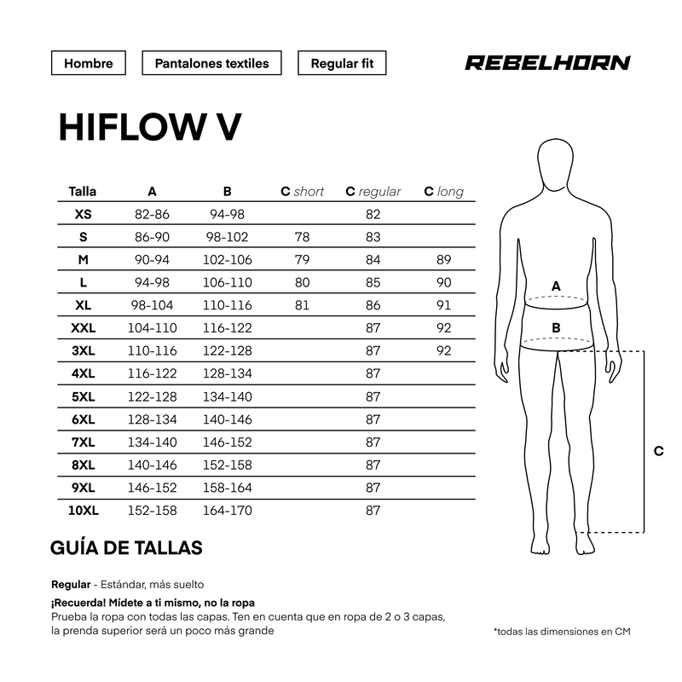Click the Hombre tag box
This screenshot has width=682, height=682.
(89, 63)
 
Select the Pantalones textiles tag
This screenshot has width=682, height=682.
(211, 63)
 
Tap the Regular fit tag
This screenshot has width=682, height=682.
(342, 63)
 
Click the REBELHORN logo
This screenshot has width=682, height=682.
(547, 62)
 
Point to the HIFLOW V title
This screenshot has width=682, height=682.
(150, 127)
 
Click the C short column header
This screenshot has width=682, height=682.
(303, 191)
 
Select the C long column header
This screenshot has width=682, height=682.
(443, 191)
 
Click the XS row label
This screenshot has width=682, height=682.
(83, 214)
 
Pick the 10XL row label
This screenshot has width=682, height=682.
(83, 510)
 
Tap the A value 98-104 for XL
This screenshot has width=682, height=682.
(152, 305)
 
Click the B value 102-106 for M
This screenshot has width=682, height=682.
(227, 260)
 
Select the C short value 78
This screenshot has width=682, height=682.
(302, 237)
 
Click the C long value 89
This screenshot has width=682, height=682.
(443, 260)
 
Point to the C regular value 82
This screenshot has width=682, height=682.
(373, 214)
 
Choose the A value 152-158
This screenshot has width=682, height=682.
(152, 510)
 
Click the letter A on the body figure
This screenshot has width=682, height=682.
(556, 286)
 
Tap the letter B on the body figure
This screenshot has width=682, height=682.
(556, 327)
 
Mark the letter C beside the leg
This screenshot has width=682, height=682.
(658, 451)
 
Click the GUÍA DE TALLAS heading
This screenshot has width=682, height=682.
(126, 547)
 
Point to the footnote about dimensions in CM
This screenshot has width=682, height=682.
(562, 632)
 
